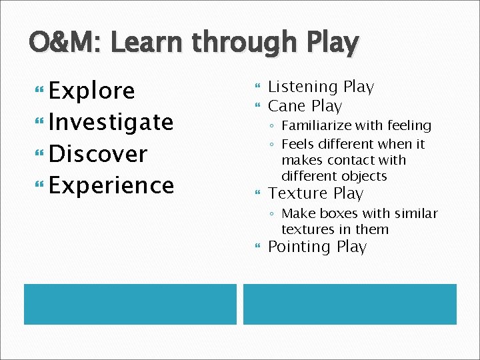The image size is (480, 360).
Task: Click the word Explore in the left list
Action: tap(92, 91)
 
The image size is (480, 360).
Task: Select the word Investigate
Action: tap(111, 123)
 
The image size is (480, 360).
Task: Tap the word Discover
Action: tap(98, 153)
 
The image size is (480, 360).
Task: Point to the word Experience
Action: tap(111, 185)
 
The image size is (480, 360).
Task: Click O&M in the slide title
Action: tap(65, 43)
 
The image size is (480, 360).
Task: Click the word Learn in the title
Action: tap(147, 43)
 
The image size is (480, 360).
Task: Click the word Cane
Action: tap(285, 106)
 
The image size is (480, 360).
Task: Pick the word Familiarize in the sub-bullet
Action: tap(319, 125)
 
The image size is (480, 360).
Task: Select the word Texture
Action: tap(297, 193)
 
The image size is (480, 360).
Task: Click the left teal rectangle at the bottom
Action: tap(130, 304)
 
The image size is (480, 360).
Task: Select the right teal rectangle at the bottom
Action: tap(349, 304)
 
